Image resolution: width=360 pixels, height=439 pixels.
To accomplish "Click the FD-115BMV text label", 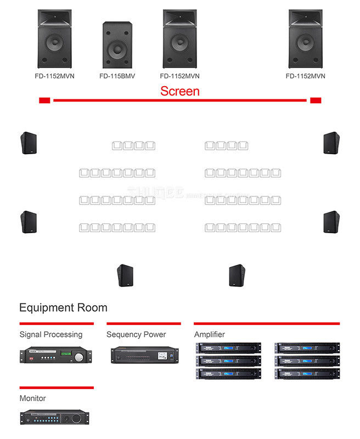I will tap(117, 76).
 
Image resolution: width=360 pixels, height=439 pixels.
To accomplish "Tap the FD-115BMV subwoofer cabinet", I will tap(117, 45).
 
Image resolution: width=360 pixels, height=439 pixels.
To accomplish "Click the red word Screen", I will tap(179, 91).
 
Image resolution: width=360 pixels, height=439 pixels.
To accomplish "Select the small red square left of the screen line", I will tap(44, 100).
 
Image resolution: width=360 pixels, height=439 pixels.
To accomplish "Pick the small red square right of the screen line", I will tap(316, 100).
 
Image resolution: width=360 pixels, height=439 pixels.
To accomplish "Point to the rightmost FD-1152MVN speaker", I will tap(305, 38).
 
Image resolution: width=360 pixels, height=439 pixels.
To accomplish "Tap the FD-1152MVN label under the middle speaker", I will tap(179, 76).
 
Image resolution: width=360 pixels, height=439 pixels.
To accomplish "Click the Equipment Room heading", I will tap(63, 307).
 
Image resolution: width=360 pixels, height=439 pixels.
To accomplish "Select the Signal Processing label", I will tap(51, 334).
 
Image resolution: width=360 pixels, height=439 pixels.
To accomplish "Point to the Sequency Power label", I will tap(136, 334).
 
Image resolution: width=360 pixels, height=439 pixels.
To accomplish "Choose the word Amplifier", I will tap(210, 334).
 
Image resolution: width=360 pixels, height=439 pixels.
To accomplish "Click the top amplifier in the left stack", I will tap(228, 348).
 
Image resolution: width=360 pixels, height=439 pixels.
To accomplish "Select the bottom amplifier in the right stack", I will tap(307, 373).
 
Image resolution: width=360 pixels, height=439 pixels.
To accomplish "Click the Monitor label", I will tap(33, 398).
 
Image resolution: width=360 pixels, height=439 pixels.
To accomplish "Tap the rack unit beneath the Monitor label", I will tap(54, 417).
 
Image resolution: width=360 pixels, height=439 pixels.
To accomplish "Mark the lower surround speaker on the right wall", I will tap(331, 222).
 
